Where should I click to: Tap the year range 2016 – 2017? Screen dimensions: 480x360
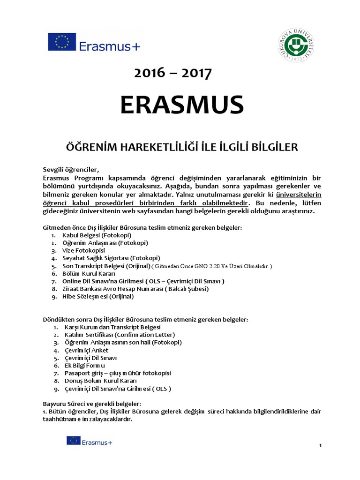coord(173,73)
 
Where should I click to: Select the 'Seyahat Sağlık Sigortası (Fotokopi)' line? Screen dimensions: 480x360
coord(112,258)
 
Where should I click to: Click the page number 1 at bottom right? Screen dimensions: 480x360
coord(320,445)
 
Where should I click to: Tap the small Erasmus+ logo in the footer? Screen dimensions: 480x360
coord(89,441)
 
